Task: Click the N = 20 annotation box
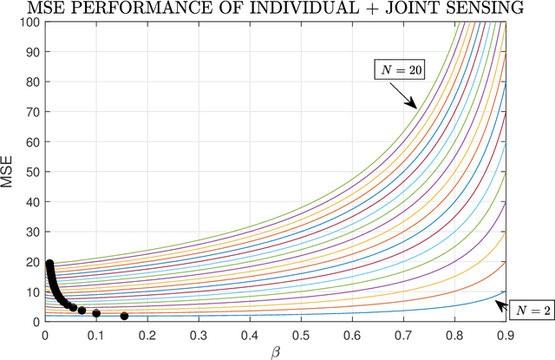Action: click(399, 71)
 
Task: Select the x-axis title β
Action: click(275, 352)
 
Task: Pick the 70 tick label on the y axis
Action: click(30, 110)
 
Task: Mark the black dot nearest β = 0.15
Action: click(124, 317)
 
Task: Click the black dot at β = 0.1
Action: click(96, 313)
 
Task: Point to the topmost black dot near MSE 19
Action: click(49, 264)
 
